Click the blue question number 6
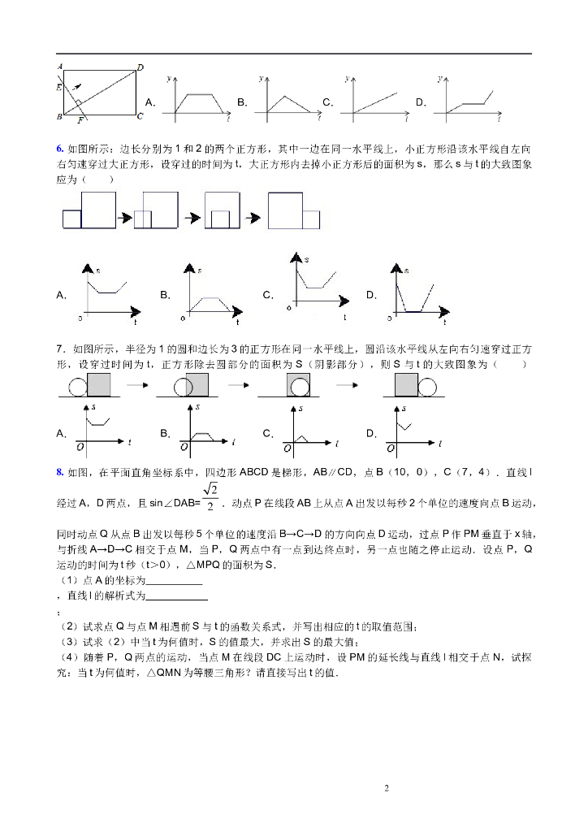pos(59,149)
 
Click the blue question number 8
pos(59,472)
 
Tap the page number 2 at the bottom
pos(387,788)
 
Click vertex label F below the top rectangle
pos(80,121)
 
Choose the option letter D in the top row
pos(421,102)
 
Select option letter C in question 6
pos(267,295)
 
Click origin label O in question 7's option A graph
pos(80,446)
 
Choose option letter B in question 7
pos(165,434)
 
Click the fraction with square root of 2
pos(210,497)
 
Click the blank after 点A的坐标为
pos(173,583)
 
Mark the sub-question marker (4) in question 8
pos(67,656)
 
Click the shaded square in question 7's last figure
pos(406,385)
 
